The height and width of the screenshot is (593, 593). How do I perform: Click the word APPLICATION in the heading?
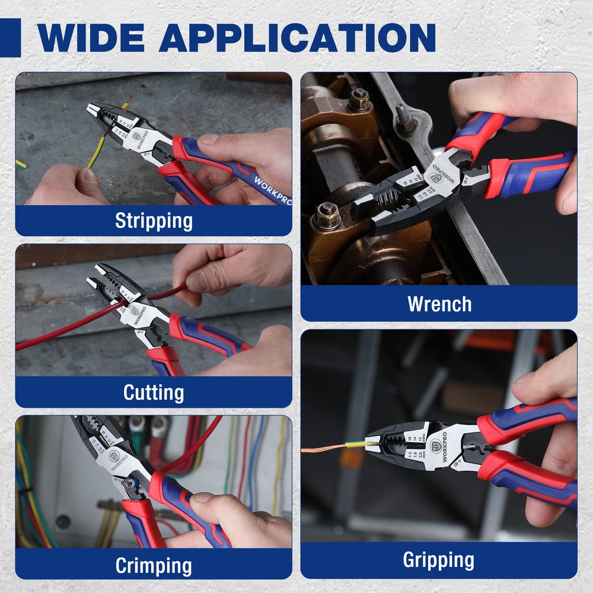pyautogui.click(x=297, y=37)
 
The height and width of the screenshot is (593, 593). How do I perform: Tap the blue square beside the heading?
pyautogui.click(x=10, y=37)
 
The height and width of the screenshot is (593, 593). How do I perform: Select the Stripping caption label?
pyautogui.click(x=154, y=221)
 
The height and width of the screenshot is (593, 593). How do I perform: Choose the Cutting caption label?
pyautogui.click(x=154, y=392)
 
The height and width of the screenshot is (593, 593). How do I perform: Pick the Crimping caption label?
pyautogui.click(x=154, y=565)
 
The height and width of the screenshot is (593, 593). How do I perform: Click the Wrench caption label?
pyautogui.click(x=439, y=304)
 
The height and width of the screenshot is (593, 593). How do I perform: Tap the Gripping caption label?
pyautogui.click(x=439, y=560)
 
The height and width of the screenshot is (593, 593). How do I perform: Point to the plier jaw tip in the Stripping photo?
pyautogui.click(x=93, y=109)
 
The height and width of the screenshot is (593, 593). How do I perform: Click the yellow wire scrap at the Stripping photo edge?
pyautogui.click(x=21, y=163)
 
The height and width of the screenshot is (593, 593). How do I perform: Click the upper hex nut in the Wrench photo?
pyautogui.click(x=359, y=99)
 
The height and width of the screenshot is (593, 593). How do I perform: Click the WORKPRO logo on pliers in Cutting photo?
pyautogui.click(x=137, y=314)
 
